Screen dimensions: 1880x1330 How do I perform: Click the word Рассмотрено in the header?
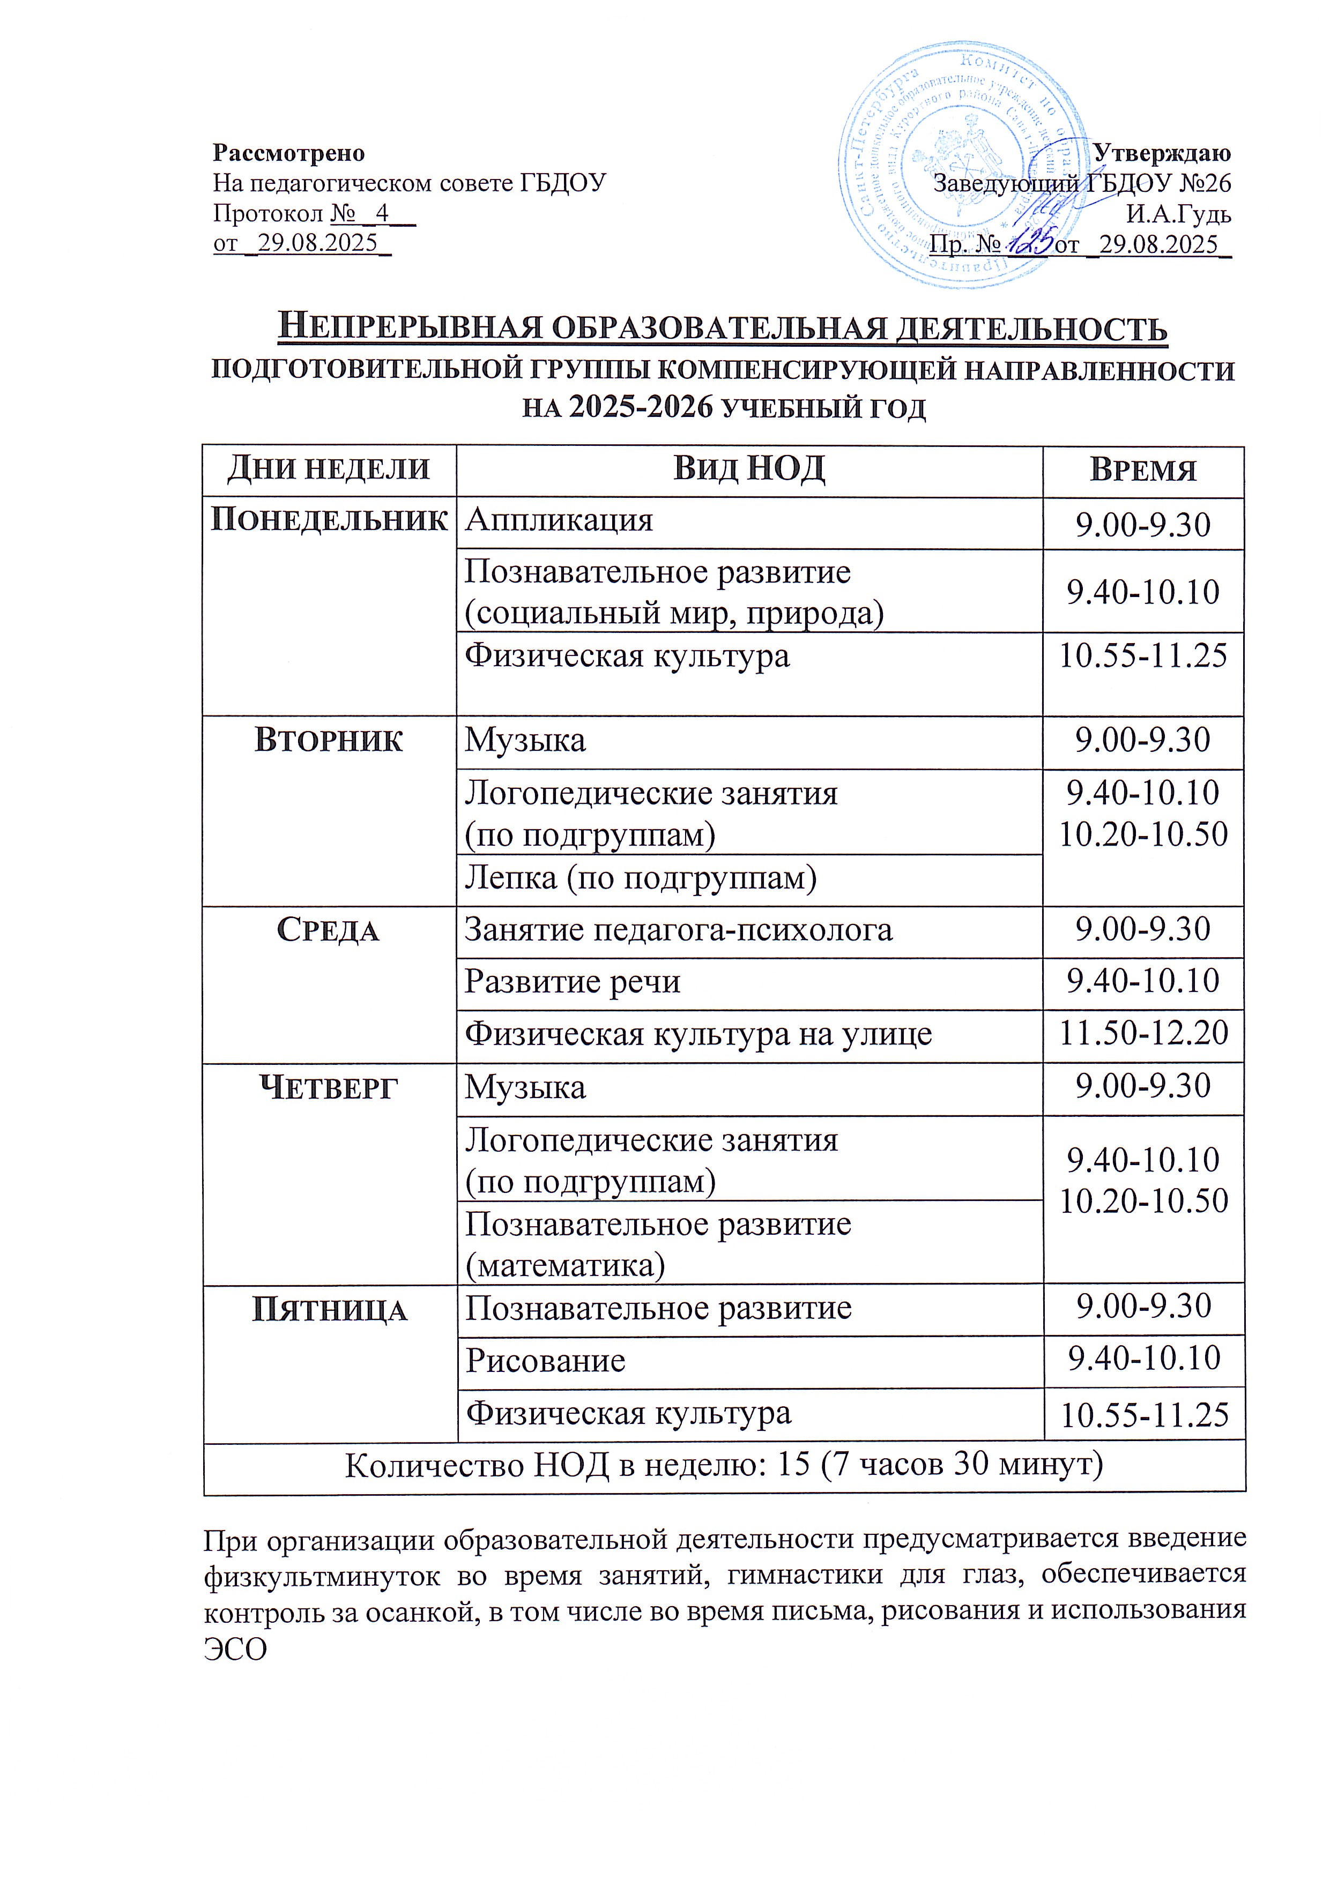coord(288,153)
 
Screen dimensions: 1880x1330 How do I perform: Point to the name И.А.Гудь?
coord(1178,214)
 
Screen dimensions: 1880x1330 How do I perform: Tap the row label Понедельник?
coord(329,520)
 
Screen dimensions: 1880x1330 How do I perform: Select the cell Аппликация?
coord(559,520)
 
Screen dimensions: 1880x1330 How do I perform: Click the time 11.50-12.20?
coord(1143,1033)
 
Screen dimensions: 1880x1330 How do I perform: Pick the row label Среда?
coord(329,930)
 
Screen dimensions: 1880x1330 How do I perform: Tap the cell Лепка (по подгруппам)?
coord(641,878)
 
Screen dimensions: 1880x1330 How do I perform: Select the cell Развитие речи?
coord(573,981)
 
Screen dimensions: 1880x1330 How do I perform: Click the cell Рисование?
coord(545,1361)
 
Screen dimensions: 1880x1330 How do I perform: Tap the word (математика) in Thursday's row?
coord(565,1266)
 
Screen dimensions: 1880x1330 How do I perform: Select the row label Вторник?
coord(329,740)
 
